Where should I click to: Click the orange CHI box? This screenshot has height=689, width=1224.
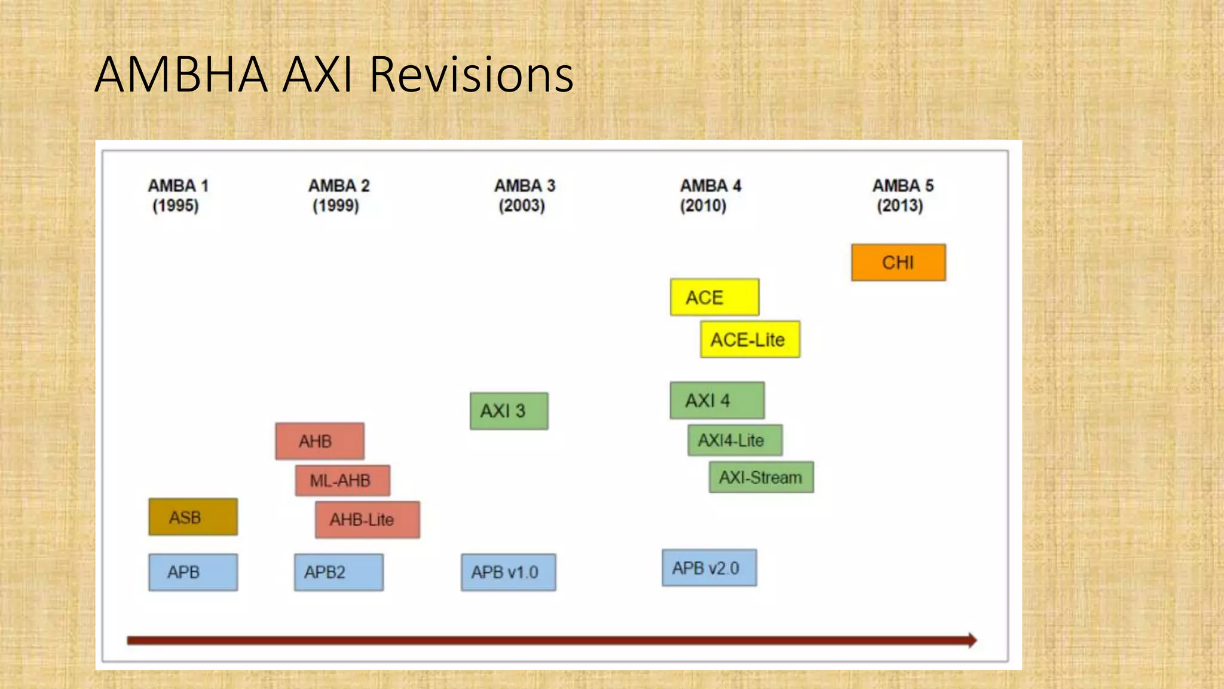tap(898, 263)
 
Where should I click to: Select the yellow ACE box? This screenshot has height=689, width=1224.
tap(714, 297)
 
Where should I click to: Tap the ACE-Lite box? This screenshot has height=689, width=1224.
tap(750, 340)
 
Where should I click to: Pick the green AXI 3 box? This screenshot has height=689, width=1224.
tap(509, 411)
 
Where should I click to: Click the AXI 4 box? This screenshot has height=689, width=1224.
tap(717, 400)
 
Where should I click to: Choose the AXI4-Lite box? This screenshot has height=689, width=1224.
tap(735, 440)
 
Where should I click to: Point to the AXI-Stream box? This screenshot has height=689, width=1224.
tap(761, 477)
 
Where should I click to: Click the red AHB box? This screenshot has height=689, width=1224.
tap(320, 441)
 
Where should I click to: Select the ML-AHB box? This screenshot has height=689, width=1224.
tap(342, 480)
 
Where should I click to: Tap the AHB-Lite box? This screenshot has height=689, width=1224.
tap(367, 520)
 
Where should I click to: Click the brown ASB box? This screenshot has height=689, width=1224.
tap(193, 517)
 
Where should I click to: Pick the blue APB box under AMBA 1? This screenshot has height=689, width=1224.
tap(193, 572)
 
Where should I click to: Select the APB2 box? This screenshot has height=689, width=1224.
tap(338, 572)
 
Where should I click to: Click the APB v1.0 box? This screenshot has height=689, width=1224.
tap(508, 572)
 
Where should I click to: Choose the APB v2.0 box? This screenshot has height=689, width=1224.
tap(709, 568)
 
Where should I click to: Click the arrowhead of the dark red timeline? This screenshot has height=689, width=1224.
tap(972, 641)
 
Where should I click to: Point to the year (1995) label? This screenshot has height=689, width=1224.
tap(176, 206)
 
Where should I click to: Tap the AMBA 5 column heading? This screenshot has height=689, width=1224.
tap(902, 186)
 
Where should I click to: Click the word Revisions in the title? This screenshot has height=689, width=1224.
tap(472, 75)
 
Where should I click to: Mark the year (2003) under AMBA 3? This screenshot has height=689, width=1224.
tap(522, 206)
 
